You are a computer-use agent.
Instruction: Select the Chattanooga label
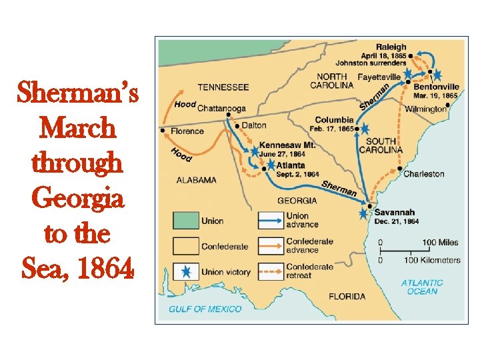click(222, 108)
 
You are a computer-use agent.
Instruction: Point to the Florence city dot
click(163, 131)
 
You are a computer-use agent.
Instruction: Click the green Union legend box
click(187, 221)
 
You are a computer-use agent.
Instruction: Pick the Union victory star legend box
click(187, 272)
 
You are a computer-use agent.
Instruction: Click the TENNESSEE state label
click(223, 87)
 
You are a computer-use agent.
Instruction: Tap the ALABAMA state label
click(196, 179)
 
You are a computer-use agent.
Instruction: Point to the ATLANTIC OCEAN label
click(422, 287)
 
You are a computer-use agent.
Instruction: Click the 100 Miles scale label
click(440, 243)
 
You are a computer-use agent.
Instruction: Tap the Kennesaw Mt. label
click(287, 145)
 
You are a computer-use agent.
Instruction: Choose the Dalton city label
click(253, 125)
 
